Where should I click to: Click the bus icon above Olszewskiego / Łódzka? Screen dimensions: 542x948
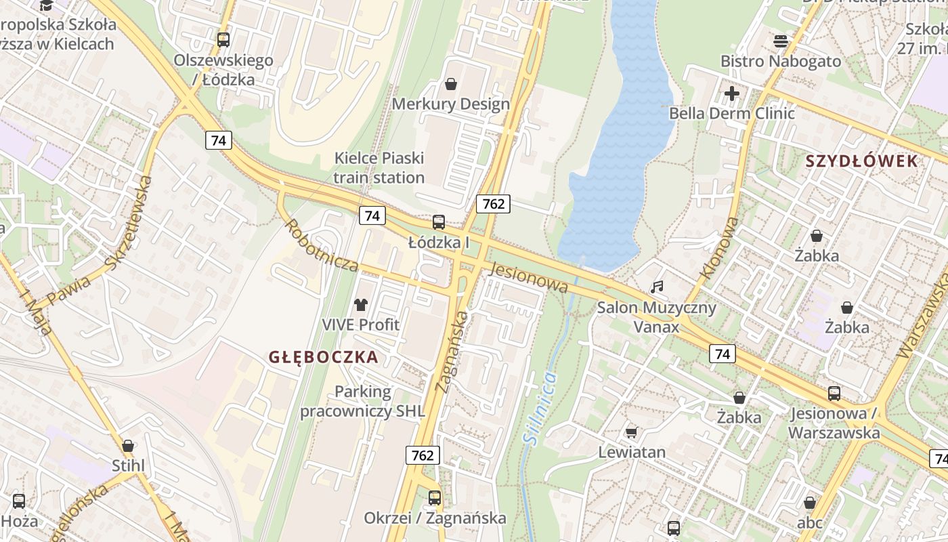[223, 40]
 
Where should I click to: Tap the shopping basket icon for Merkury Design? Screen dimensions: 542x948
[450, 84]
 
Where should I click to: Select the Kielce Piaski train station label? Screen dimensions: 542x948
[379, 168]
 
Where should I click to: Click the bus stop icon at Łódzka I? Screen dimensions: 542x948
[439, 222]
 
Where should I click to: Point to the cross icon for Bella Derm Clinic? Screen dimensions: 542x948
[732, 93]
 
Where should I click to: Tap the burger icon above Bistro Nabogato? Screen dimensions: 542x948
[780, 41]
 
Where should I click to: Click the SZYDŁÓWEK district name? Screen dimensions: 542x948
[861, 161]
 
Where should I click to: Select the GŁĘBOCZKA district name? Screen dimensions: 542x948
[323, 357]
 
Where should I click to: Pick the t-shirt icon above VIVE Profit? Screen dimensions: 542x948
[360, 305]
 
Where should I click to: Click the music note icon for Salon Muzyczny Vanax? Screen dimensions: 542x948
[656, 287]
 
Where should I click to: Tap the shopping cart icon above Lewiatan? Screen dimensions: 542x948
[631, 432]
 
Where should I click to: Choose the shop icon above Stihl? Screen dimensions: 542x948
[128, 446]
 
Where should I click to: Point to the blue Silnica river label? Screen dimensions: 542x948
[540, 408]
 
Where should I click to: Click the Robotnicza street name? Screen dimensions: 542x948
[321, 245]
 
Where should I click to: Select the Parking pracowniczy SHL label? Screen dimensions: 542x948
[363, 402]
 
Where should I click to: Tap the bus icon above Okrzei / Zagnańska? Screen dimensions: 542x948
[435, 498]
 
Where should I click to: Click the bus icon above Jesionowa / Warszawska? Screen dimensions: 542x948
[834, 393]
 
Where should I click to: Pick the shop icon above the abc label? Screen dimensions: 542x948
[809, 503]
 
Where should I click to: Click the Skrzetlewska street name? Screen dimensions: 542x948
[129, 222]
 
